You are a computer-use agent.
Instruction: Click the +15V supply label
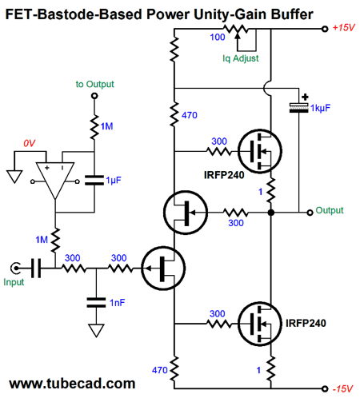click(x=344, y=27)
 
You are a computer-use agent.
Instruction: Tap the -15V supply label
click(x=343, y=389)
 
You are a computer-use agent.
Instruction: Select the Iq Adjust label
click(x=241, y=58)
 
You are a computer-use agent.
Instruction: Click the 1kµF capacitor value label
click(x=320, y=108)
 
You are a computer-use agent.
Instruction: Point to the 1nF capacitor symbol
click(x=96, y=303)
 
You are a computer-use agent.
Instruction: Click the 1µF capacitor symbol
click(x=94, y=180)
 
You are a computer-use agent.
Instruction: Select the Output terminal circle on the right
click(x=310, y=213)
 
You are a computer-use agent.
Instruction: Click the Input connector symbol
click(x=15, y=268)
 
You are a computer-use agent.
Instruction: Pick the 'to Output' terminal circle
click(x=94, y=96)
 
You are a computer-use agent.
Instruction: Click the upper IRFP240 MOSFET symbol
click(x=259, y=151)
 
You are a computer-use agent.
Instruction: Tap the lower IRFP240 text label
click(x=306, y=323)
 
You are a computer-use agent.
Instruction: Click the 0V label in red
click(x=29, y=143)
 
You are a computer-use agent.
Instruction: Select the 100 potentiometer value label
click(x=218, y=37)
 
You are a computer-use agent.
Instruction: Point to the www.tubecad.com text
click(x=72, y=384)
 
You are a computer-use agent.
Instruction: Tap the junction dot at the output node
click(x=270, y=213)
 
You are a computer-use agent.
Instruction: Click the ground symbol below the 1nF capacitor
click(x=96, y=331)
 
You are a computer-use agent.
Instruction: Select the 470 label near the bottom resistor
click(x=160, y=370)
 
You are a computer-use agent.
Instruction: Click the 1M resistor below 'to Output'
click(x=94, y=127)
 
